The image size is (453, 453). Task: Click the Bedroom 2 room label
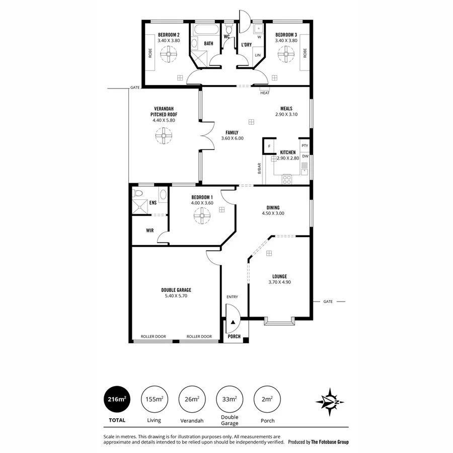click(169, 35)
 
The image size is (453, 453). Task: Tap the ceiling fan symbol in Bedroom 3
click(286, 53)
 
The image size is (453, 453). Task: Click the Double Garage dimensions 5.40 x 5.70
click(176, 296)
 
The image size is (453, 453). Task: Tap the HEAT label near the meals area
click(265, 93)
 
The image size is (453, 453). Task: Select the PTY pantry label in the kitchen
click(305, 146)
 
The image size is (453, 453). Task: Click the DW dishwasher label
click(305, 156)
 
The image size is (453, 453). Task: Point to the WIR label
click(149, 231)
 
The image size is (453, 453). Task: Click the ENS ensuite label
click(153, 203)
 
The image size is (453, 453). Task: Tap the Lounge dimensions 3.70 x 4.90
click(279, 282)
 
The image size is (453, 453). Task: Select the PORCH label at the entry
click(235, 337)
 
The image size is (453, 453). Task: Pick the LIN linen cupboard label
click(257, 55)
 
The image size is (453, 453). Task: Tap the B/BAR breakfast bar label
click(260, 168)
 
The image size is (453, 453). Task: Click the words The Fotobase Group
click(329, 442)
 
